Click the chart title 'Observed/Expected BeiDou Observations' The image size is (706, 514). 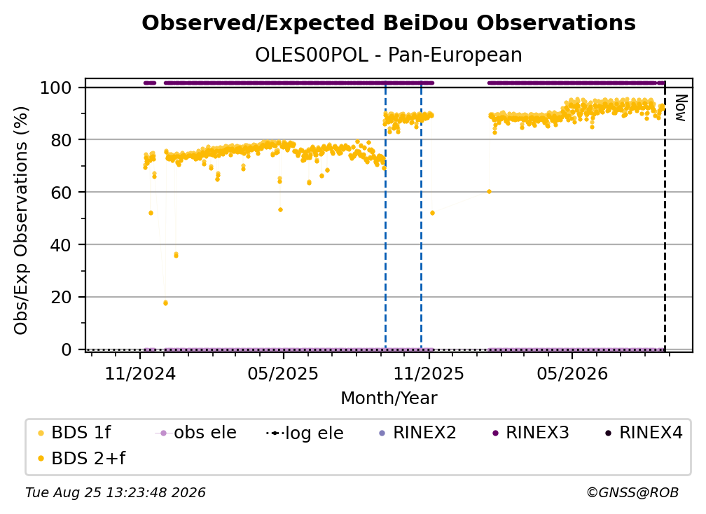click(x=389, y=23)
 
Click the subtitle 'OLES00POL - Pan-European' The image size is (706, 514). click(x=389, y=55)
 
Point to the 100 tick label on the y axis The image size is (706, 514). click(x=56, y=88)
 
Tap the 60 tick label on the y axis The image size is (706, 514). click(x=61, y=193)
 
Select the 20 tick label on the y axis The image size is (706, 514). click(x=61, y=298)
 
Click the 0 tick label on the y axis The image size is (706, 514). click(x=67, y=349)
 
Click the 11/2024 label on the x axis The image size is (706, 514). click(x=140, y=374)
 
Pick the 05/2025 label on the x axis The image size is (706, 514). click(x=283, y=374)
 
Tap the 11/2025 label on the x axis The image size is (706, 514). click(x=429, y=374)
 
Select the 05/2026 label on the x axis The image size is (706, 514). click(x=572, y=374)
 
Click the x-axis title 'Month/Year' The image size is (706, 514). click(x=389, y=398)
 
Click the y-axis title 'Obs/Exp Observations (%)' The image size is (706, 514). click(x=21, y=220)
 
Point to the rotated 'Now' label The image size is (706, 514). click(x=681, y=108)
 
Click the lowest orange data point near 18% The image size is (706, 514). click(x=165, y=303)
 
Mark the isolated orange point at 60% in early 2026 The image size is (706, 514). click(x=489, y=192)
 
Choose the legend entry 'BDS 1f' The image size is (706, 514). click(x=75, y=433)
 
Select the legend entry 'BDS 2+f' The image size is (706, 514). click(x=82, y=459)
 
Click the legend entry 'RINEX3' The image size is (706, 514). click(x=531, y=433)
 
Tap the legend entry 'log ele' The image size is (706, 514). click(x=305, y=433)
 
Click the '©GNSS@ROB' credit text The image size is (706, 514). click(x=632, y=493)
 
